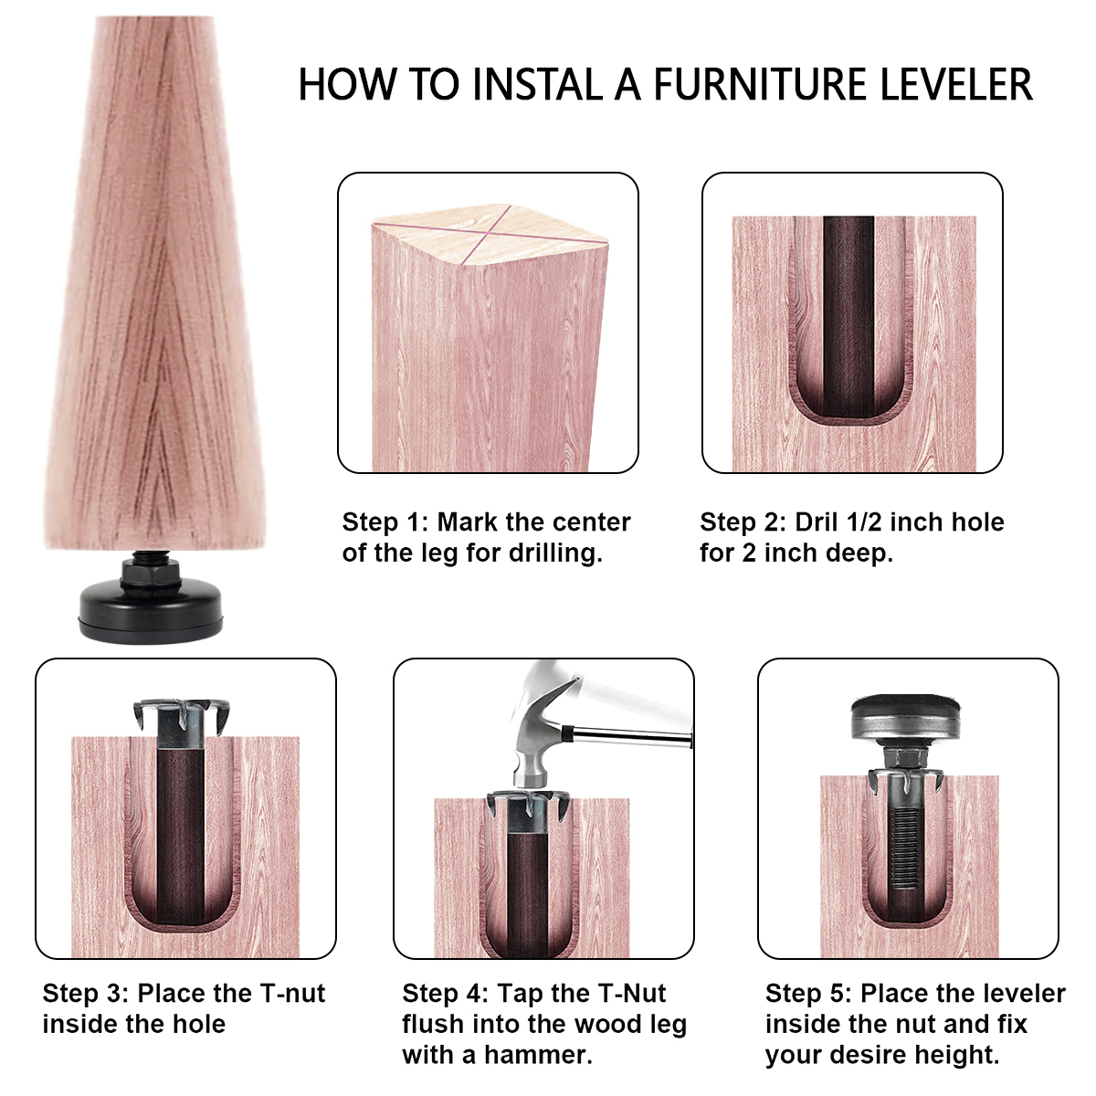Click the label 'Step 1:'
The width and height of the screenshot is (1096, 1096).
click(x=385, y=522)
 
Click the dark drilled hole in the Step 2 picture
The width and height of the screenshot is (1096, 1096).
click(x=848, y=311)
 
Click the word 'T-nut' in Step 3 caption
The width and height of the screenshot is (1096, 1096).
click(x=291, y=994)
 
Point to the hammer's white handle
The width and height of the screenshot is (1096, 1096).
click(x=639, y=703)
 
